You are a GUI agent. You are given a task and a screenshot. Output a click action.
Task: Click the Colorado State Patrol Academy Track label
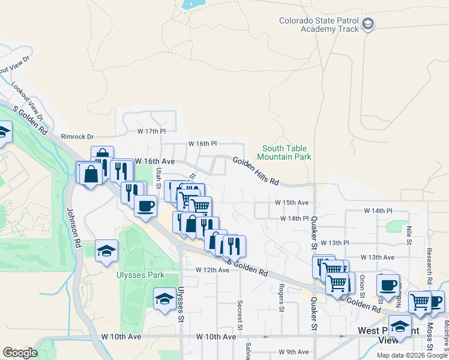319,25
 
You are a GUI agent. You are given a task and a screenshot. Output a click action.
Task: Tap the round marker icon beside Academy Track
368,25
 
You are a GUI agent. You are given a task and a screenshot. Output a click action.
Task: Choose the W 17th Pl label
151,131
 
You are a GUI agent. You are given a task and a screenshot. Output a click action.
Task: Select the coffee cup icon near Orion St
388,284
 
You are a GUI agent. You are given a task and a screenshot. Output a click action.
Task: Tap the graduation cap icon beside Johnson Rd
106,251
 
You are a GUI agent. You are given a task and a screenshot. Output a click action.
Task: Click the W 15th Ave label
292,203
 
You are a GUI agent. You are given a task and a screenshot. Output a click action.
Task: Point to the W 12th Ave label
212,270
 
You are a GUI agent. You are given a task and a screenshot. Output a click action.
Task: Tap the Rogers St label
281,298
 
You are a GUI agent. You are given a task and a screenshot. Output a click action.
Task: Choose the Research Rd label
430,266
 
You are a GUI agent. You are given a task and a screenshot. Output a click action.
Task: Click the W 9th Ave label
294,352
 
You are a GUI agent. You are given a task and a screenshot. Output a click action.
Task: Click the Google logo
20,353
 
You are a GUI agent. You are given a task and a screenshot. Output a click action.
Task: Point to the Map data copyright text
411,355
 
